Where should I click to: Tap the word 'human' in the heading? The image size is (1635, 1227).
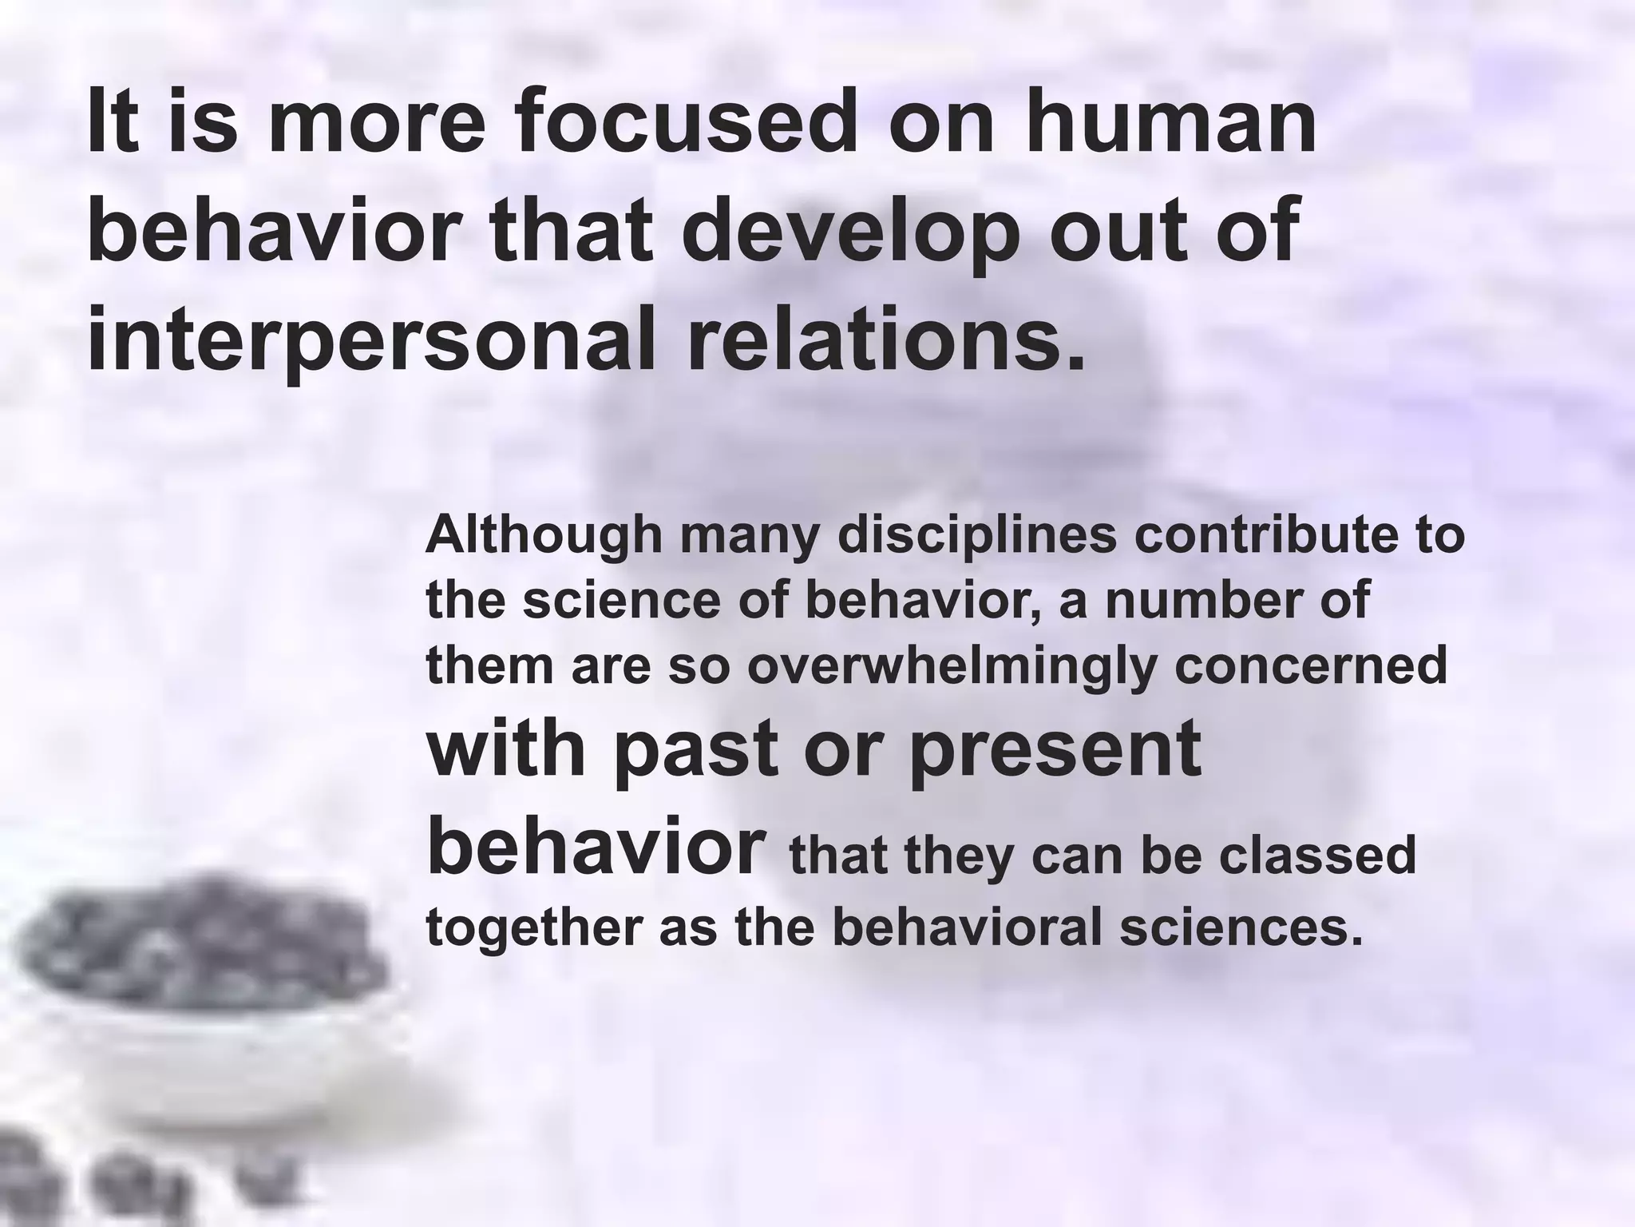tap(1170, 124)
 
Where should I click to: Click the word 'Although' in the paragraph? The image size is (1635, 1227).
tap(544, 536)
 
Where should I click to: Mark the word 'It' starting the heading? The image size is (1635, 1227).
tap(109, 124)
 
